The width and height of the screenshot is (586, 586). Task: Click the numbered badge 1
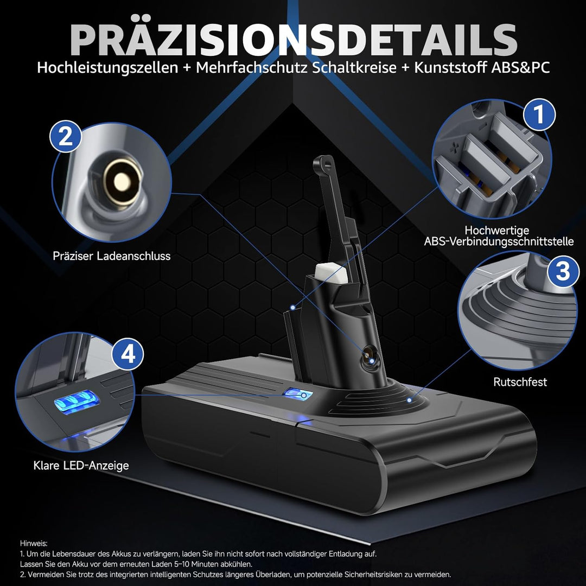click(x=539, y=114)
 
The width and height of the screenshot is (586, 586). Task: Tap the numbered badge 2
click(x=66, y=136)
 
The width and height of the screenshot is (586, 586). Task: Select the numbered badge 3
click(x=563, y=271)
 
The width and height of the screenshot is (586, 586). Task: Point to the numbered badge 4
click(x=128, y=354)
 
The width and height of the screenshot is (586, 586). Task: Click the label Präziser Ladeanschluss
click(x=112, y=256)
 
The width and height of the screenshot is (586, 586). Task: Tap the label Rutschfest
click(x=520, y=382)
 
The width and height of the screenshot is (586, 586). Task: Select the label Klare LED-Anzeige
click(x=81, y=466)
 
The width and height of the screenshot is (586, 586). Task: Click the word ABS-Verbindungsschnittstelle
click(x=499, y=241)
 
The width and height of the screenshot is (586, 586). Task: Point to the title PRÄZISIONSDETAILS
click(x=294, y=39)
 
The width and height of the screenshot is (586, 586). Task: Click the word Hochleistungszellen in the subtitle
click(x=107, y=68)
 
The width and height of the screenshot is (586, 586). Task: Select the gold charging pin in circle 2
click(x=122, y=182)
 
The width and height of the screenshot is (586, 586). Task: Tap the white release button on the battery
click(x=331, y=274)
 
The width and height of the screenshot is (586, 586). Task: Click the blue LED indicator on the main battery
click(x=297, y=394)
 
